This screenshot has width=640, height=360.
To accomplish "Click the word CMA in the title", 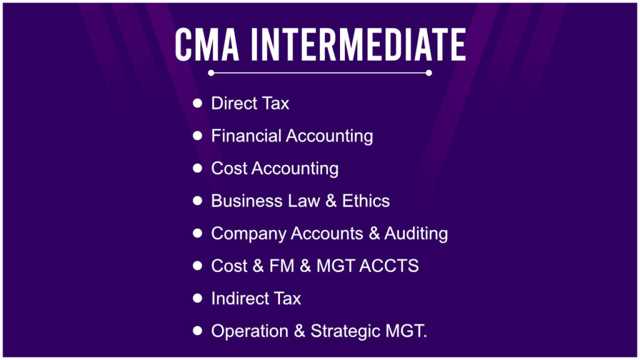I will (209, 45).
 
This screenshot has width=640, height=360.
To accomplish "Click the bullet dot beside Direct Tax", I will (197, 102).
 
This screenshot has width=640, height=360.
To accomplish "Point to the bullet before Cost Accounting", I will (197, 168).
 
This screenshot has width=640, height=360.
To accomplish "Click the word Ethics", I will (366, 201).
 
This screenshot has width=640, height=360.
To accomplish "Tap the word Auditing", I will (416, 234).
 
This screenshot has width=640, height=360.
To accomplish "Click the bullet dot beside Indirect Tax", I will (197, 298).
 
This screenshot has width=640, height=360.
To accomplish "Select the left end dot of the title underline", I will (211, 73).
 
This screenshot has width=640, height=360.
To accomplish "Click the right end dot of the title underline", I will (429, 73).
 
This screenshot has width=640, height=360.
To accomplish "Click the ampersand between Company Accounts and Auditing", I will (374, 234).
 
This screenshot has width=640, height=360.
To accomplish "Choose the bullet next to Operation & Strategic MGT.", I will (197, 331).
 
